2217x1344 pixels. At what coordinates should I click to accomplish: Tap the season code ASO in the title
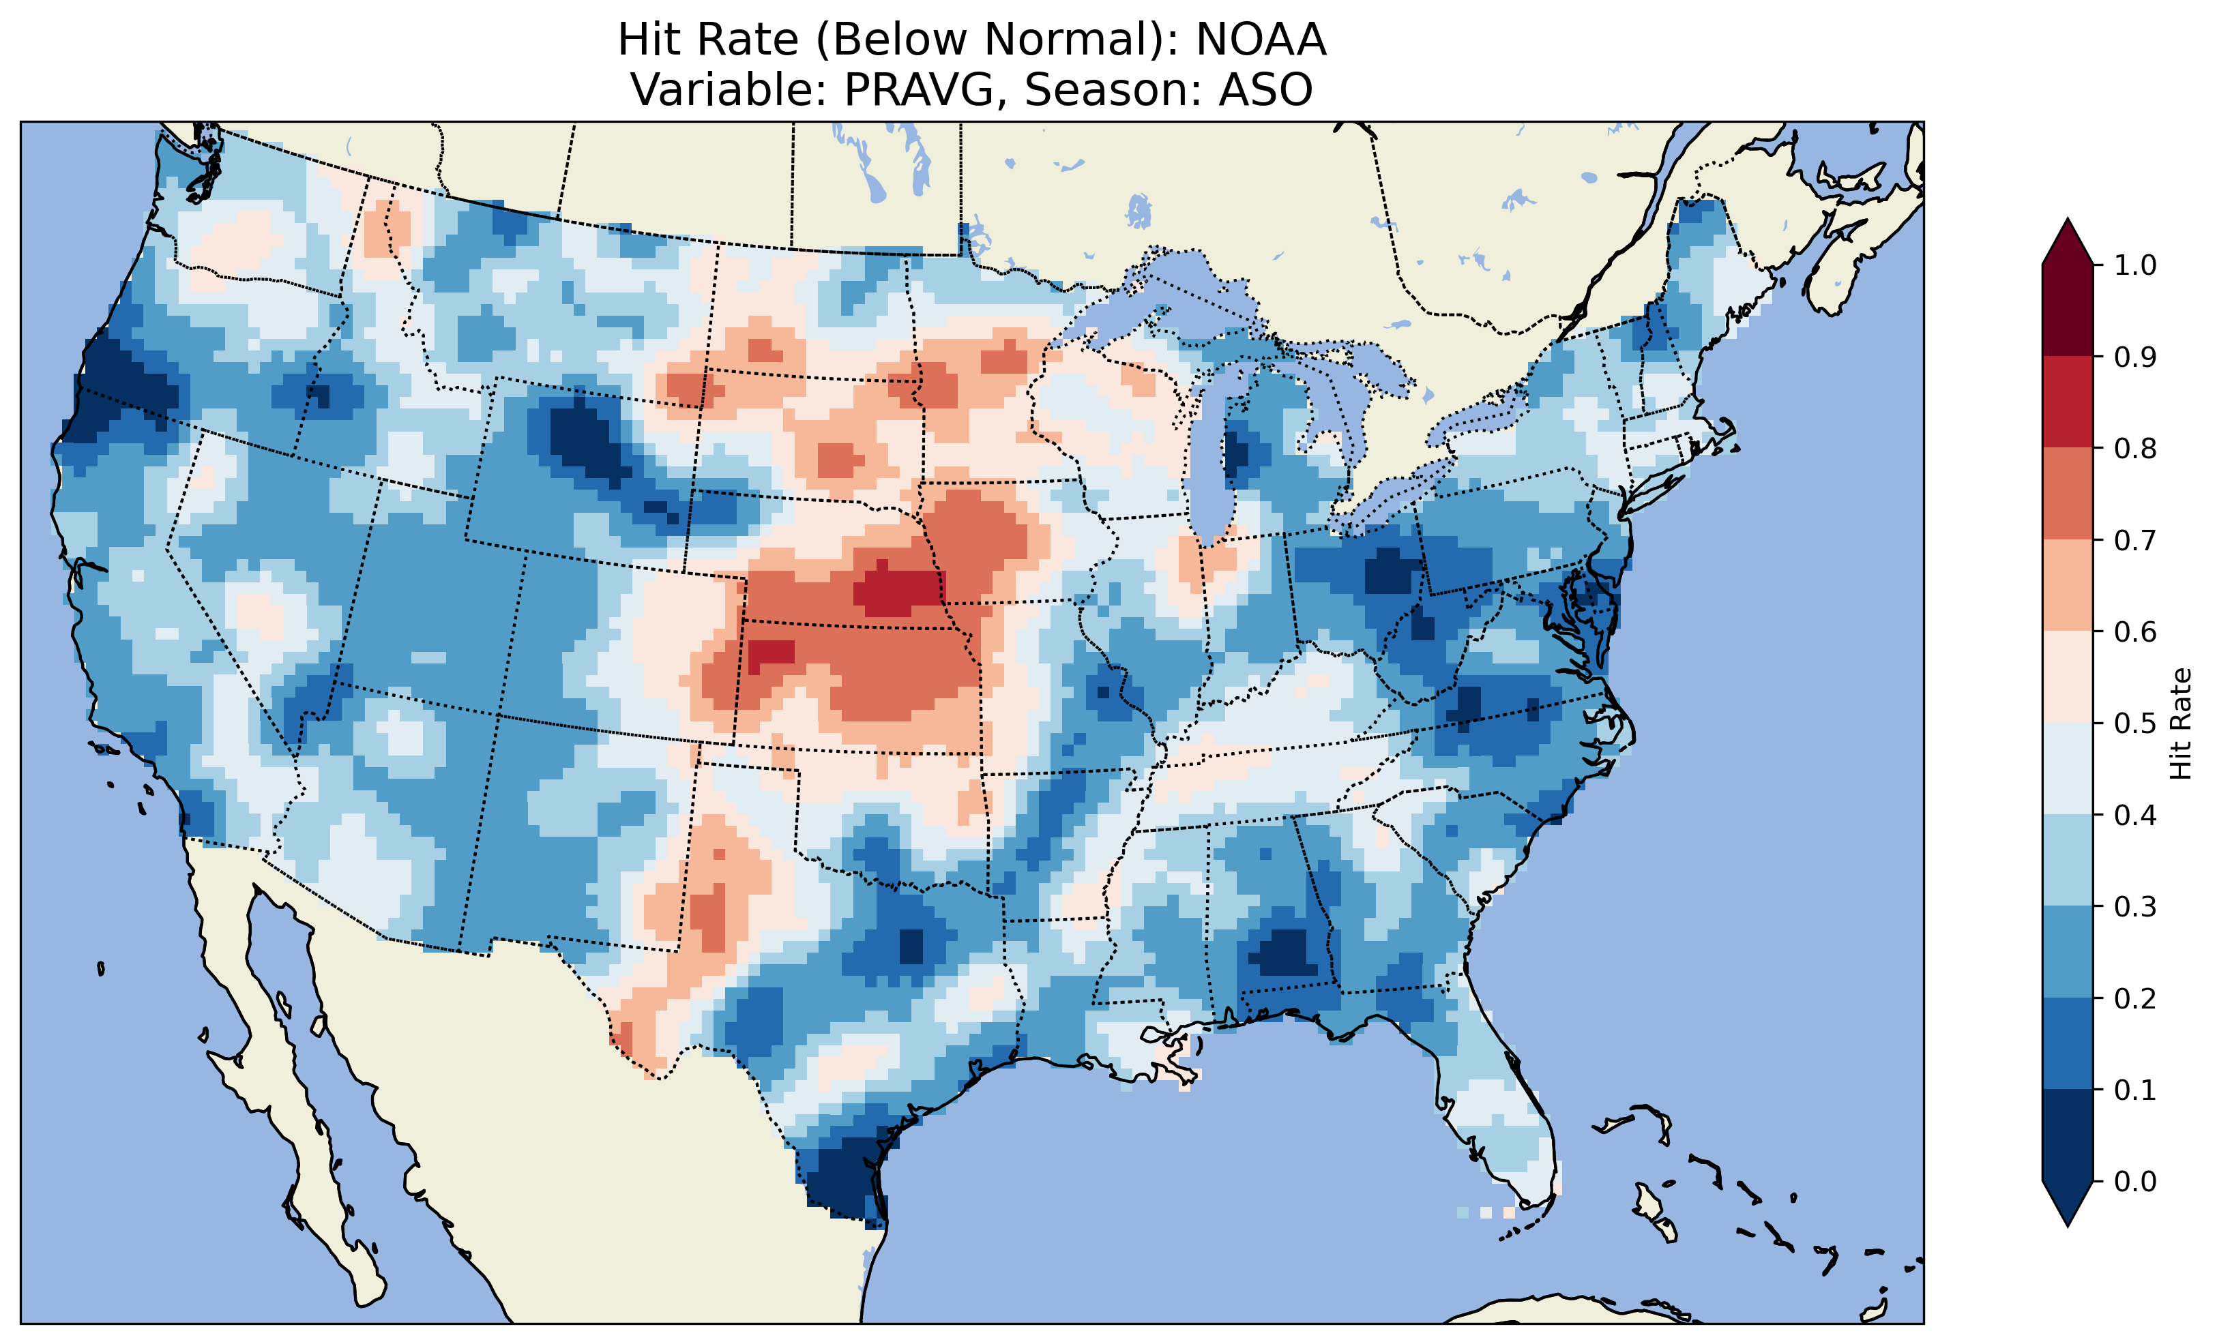1265,90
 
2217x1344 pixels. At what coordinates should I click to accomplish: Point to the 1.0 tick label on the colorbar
2135,265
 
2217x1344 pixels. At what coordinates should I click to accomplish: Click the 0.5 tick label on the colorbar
2135,723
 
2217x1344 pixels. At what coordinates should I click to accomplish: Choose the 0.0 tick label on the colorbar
2135,1181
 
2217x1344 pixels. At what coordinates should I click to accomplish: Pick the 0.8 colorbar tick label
2135,449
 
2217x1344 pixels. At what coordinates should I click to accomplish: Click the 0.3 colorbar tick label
2135,907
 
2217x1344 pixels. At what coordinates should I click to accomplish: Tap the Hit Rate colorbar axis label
2180,723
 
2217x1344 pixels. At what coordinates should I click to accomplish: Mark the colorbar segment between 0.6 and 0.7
2068,585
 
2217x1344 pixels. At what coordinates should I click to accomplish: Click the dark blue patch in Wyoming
589,440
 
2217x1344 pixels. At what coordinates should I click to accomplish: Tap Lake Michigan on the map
1210,459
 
